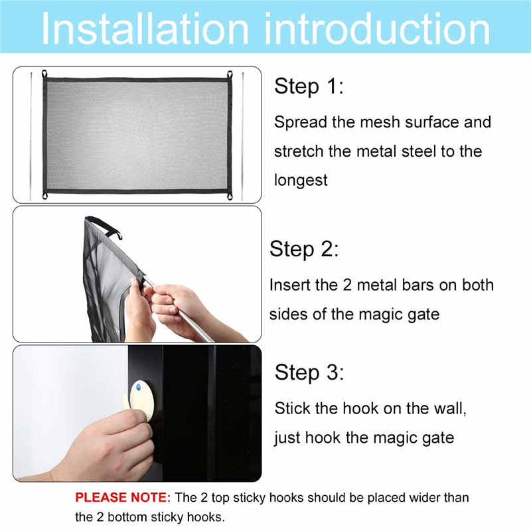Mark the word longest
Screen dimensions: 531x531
(x=301, y=180)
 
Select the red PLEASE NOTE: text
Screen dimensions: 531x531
(x=123, y=497)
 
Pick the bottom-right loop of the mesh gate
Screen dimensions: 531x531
(x=229, y=196)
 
